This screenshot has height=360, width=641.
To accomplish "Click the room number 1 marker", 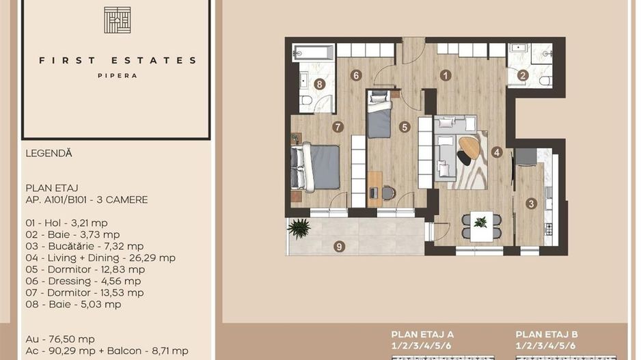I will pos(446,76).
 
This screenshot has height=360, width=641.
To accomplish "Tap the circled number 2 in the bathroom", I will pos(523,77).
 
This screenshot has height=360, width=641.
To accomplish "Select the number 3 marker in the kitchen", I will pos(531,203).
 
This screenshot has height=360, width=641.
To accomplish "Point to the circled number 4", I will pos(497,152).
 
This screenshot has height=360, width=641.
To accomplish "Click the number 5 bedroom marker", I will pos(405,126).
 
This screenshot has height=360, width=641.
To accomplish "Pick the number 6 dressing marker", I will pos(356,75).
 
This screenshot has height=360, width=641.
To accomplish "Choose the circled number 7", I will pos(338,126).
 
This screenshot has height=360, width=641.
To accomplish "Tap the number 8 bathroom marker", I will pos(319,84).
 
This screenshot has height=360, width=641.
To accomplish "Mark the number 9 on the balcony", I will pos(340,246).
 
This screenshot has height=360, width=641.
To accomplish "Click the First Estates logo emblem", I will pos(117,20).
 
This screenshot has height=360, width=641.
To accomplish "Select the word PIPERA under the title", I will pos(117,76).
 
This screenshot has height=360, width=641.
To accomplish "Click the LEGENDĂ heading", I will pos(49,154).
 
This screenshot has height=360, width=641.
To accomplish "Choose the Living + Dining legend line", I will pos(100,258).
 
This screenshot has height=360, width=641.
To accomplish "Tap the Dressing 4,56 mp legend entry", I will pos(83,281).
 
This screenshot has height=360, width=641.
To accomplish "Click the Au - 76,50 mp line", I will pos(60,339).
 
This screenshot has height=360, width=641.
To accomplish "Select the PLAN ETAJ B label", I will pos(547,334).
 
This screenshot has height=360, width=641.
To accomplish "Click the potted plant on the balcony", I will pos(299,227).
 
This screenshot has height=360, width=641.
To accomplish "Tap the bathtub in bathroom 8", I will pos(314,53).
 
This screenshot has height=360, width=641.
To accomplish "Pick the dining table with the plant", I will pos(481,225).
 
